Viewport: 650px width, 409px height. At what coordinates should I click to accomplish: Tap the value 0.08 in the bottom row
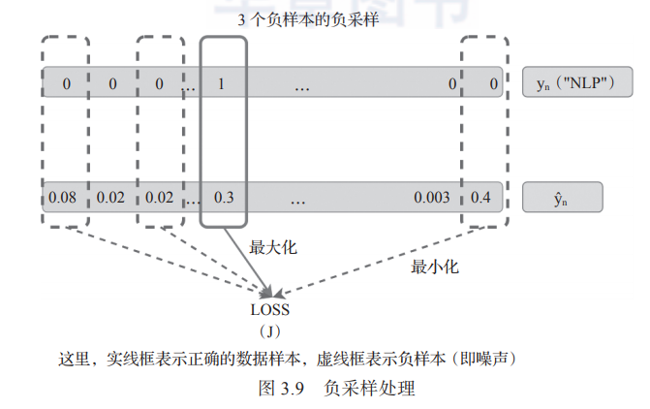[x=63, y=198]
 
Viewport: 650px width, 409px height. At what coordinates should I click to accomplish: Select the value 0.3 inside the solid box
[x=224, y=198]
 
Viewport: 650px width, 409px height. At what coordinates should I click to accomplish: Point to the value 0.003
[x=431, y=198]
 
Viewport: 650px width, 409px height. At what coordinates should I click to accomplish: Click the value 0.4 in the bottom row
[x=480, y=198]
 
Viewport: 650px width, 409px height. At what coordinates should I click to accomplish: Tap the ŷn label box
[x=562, y=198]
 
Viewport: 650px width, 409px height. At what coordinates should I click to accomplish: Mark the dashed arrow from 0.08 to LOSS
[x=165, y=260]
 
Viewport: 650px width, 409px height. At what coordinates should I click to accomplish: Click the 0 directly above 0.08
[x=66, y=83]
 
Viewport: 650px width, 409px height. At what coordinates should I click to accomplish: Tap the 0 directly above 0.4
[x=493, y=83]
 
